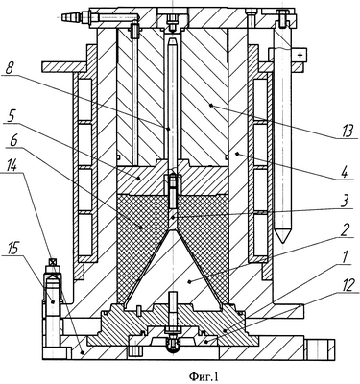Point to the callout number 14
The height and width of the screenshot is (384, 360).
[11, 166]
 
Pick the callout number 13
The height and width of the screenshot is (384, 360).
[348, 132]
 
